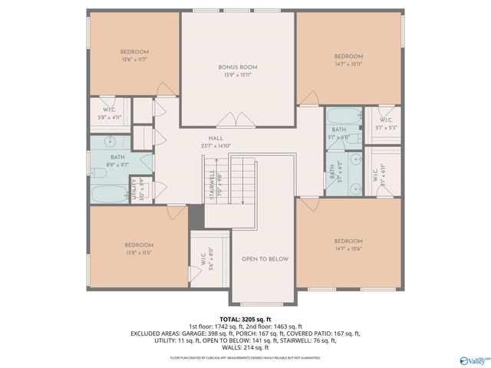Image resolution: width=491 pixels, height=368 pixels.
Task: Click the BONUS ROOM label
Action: tap(238, 67)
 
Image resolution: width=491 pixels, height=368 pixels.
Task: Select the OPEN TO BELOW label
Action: tap(265, 259)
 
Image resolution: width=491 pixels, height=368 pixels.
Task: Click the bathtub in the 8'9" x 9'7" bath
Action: tap(108, 193)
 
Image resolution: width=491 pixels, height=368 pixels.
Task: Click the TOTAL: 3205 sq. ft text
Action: tap(245, 318)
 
